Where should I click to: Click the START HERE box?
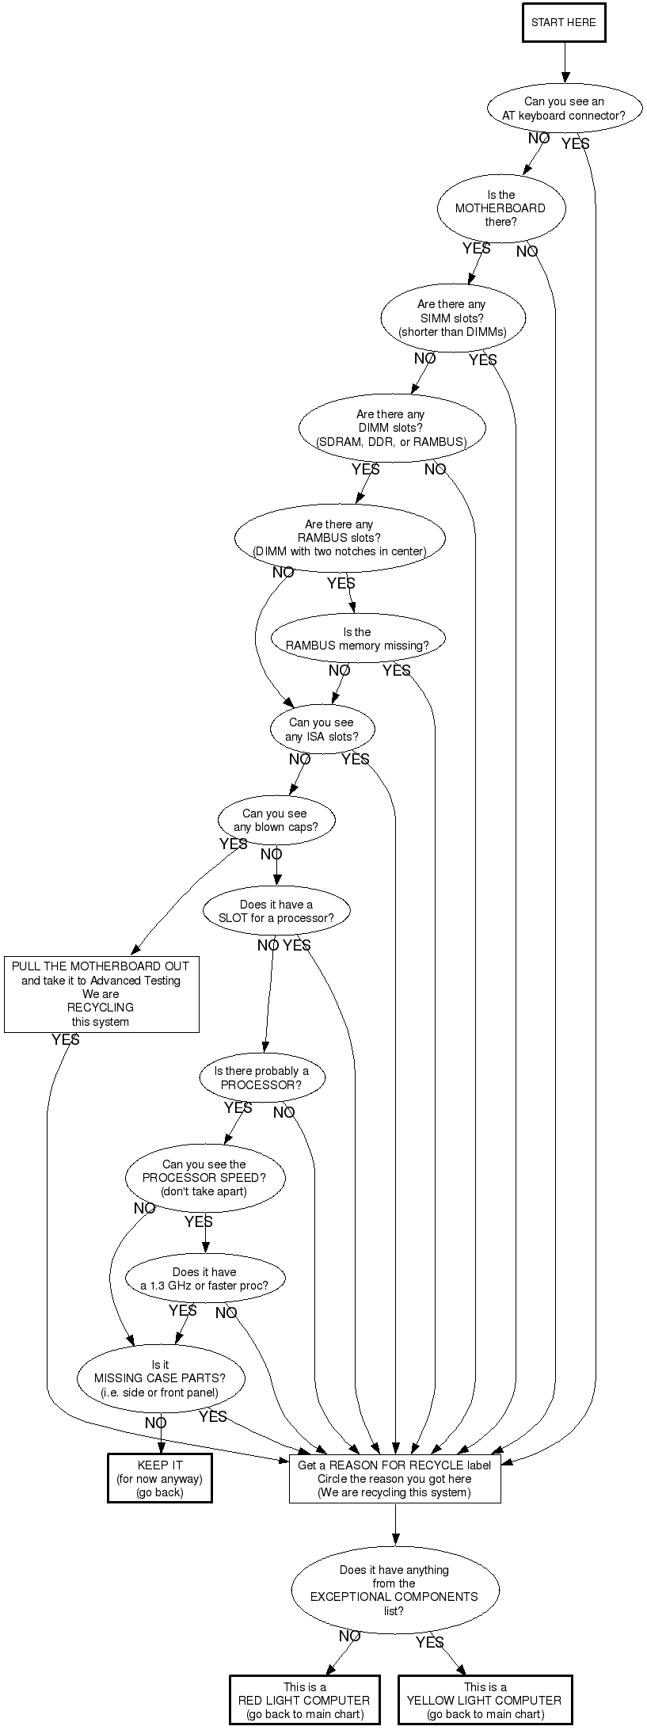point(564,23)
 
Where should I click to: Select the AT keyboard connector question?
point(564,109)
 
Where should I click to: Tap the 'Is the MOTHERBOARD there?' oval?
point(500,208)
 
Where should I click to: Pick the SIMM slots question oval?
point(452,318)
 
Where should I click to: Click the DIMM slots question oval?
point(391,428)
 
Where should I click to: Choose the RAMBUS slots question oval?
point(339,538)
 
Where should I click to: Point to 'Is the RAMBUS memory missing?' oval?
point(357,638)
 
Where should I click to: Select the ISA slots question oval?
point(322,730)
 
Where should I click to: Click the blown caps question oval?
point(276,820)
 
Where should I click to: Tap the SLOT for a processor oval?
point(276,911)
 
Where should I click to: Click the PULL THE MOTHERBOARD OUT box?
point(101,994)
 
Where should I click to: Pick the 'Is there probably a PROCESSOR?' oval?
point(261,1078)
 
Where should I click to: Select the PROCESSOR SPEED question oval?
point(204,1178)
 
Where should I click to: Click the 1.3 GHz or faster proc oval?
point(204,1278)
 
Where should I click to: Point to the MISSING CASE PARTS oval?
point(160,1378)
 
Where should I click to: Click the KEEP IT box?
point(160,1478)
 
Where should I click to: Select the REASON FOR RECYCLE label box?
point(394,1478)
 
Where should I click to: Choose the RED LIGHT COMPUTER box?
point(304,1700)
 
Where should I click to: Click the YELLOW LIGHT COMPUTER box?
point(485,1700)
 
